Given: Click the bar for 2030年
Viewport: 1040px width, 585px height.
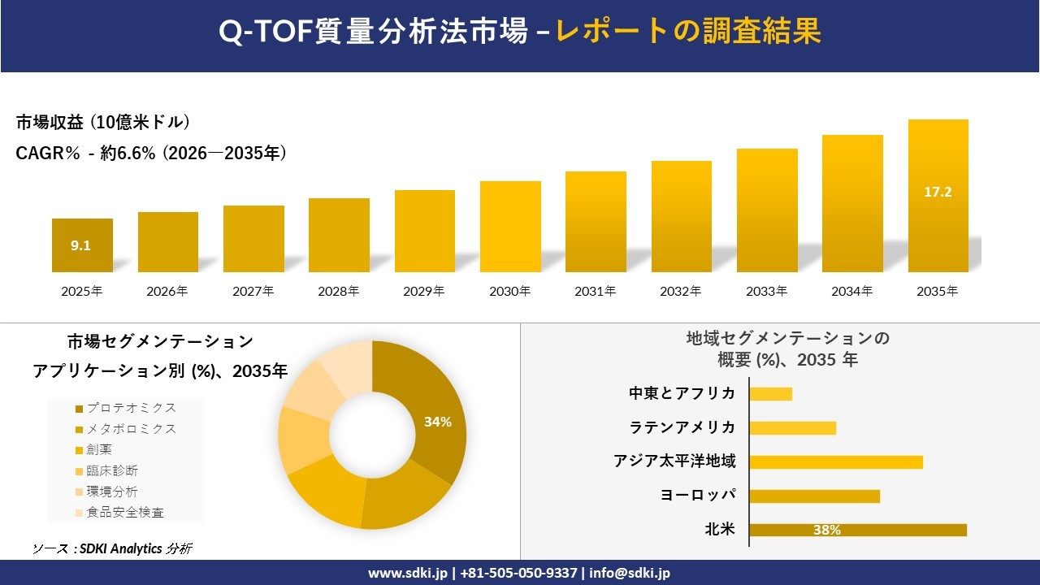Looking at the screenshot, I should tap(510, 227).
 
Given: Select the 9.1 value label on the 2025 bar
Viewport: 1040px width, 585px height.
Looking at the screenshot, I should tap(80, 245).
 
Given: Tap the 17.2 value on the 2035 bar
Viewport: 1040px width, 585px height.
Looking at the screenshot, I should tap(938, 193).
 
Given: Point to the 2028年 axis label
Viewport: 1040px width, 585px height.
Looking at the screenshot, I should tap(339, 291).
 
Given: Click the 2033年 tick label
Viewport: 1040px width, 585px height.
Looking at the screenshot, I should tap(766, 291).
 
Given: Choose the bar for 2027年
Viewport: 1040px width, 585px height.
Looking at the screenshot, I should tap(253, 239).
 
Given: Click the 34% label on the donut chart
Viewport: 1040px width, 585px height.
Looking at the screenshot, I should tap(437, 422).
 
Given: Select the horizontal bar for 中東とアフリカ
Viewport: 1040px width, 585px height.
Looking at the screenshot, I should tap(770, 394).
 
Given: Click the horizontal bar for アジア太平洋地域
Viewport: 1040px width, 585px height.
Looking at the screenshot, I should tap(836, 462).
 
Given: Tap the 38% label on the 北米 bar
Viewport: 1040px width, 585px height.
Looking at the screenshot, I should tap(826, 531).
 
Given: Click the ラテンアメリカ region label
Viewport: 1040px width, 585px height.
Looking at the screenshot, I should tap(682, 427).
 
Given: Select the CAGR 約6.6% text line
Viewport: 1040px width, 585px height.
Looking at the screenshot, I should tap(151, 154).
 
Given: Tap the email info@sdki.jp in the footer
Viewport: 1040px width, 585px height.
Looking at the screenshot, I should tap(630, 573).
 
